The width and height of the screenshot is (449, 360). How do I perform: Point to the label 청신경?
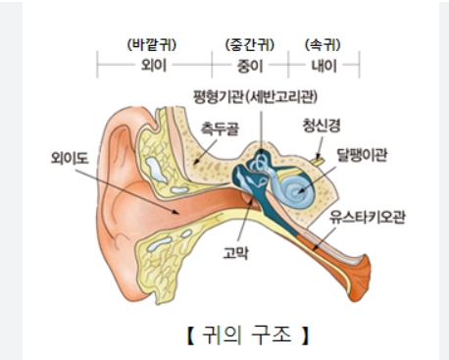tap(322, 126)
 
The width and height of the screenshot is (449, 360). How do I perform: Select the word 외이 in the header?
tap(154, 66)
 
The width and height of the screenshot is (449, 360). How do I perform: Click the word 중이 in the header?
tap(250, 66)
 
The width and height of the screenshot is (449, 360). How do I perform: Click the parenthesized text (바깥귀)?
tap(153, 44)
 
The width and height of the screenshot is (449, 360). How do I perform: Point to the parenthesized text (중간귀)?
tap(250, 44)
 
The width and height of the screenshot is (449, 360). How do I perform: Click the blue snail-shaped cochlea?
tap(295, 183)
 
